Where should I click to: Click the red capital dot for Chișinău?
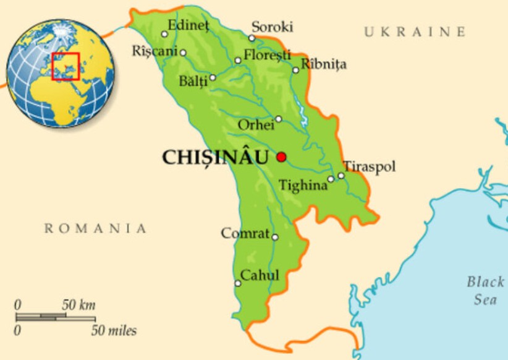pos(282,157)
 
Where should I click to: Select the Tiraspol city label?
pos(370,166)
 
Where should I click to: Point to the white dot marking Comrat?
pos(275,237)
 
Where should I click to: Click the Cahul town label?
pos(260,275)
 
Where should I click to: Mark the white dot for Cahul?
pos(238,283)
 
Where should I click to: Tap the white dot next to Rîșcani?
pos(183,53)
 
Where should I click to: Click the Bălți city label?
pos(193,81)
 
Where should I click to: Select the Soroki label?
pos(272,27)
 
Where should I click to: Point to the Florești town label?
pos(267,55)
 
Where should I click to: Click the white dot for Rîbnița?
pos(296,70)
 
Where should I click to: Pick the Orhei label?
pos(256,125)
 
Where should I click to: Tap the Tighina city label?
pos(303,185)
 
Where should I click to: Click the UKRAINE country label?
pos(414,32)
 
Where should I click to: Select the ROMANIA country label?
pos(96,229)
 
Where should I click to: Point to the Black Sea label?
pos(485,291)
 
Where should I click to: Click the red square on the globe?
pos(66,67)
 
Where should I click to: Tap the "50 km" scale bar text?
pos(78,305)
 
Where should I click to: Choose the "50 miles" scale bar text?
pos(114,330)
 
